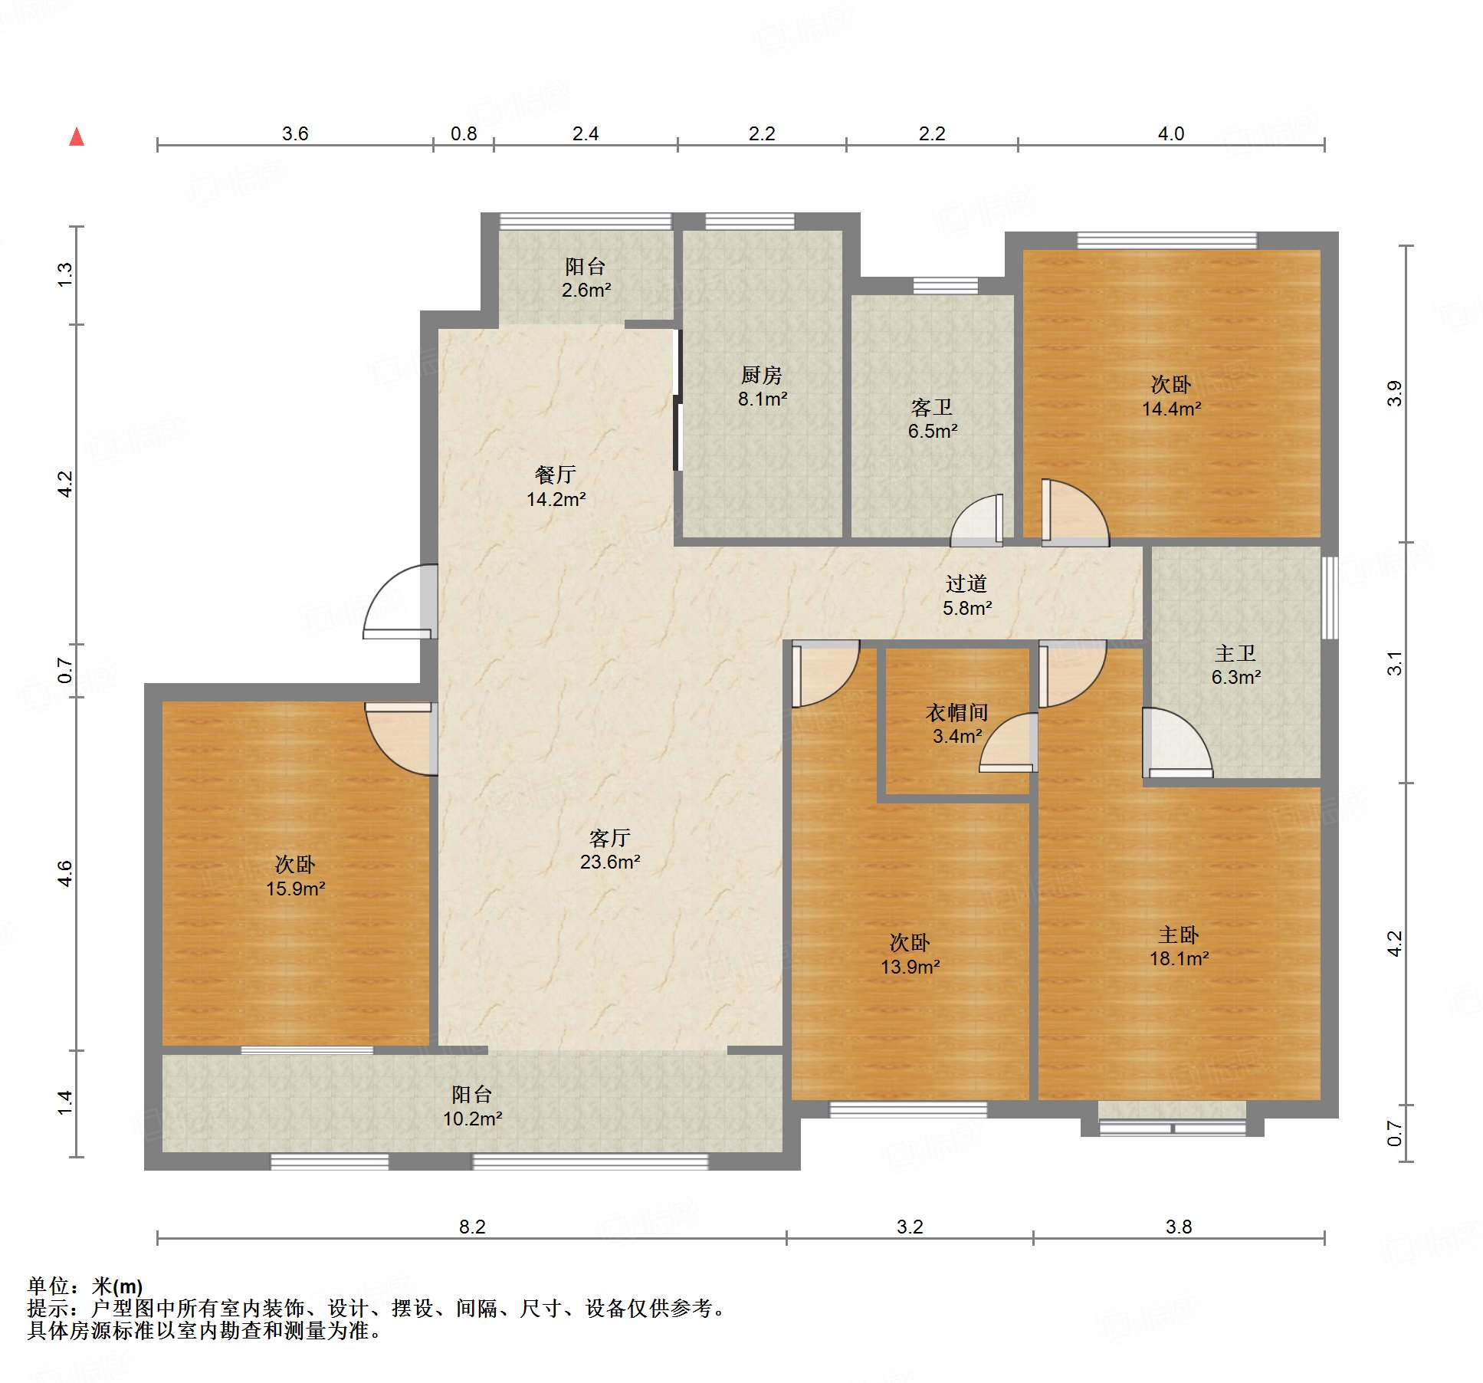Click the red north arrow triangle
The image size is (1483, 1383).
point(77,137)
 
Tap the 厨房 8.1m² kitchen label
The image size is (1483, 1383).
point(762,386)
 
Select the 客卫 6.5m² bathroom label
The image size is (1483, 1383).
point(932,419)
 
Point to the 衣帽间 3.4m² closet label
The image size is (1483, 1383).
point(956,724)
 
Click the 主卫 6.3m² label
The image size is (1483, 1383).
point(1235,665)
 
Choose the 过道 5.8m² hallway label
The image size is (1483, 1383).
point(966,596)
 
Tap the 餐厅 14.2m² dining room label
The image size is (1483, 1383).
point(556,487)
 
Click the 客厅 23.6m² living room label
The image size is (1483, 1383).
point(610,849)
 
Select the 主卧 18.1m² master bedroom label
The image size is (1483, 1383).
point(1179,946)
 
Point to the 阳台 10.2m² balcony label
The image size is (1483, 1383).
point(472,1106)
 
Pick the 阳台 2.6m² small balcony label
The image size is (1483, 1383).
point(586,278)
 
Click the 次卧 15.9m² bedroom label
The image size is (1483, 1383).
point(295,876)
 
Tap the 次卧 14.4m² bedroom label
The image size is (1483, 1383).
point(1171,396)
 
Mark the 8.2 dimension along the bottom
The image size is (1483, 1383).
point(472,1227)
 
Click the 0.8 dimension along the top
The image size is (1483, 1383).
point(464,134)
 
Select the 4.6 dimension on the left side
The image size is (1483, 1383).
point(66,874)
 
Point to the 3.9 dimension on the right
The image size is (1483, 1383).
point(1395,393)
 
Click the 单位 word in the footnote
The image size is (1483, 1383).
point(50,1286)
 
